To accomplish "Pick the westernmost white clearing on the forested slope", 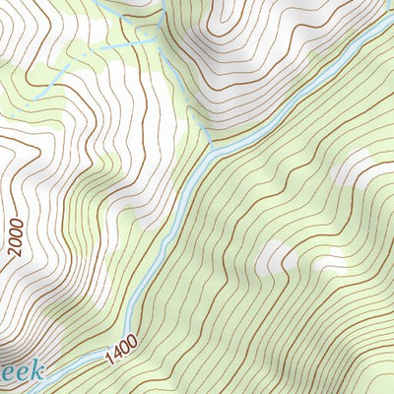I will click(275, 258).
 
